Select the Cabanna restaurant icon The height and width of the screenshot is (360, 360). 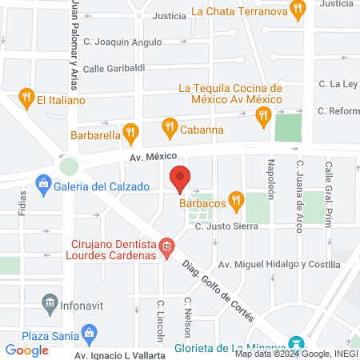pos(169,126)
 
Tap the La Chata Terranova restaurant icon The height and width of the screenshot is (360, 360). pos(298,10)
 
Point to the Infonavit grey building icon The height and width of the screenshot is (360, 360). pos(49,303)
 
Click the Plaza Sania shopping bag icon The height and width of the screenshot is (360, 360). pos(90,331)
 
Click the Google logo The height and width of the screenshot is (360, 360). pos(27,350)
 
